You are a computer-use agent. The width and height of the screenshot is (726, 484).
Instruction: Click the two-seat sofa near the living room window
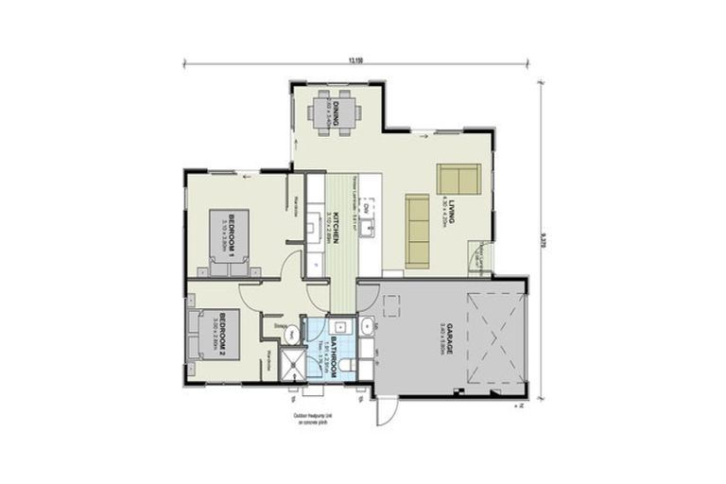click(x=458, y=179)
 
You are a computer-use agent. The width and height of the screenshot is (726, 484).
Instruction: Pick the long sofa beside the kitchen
click(x=417, y=231)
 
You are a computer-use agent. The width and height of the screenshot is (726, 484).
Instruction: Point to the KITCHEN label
click(x=335, y=228)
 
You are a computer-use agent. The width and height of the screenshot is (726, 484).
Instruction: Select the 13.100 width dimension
click(x=355, y=60)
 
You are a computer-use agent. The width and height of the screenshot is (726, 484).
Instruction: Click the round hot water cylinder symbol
click(x=293, y=333)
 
